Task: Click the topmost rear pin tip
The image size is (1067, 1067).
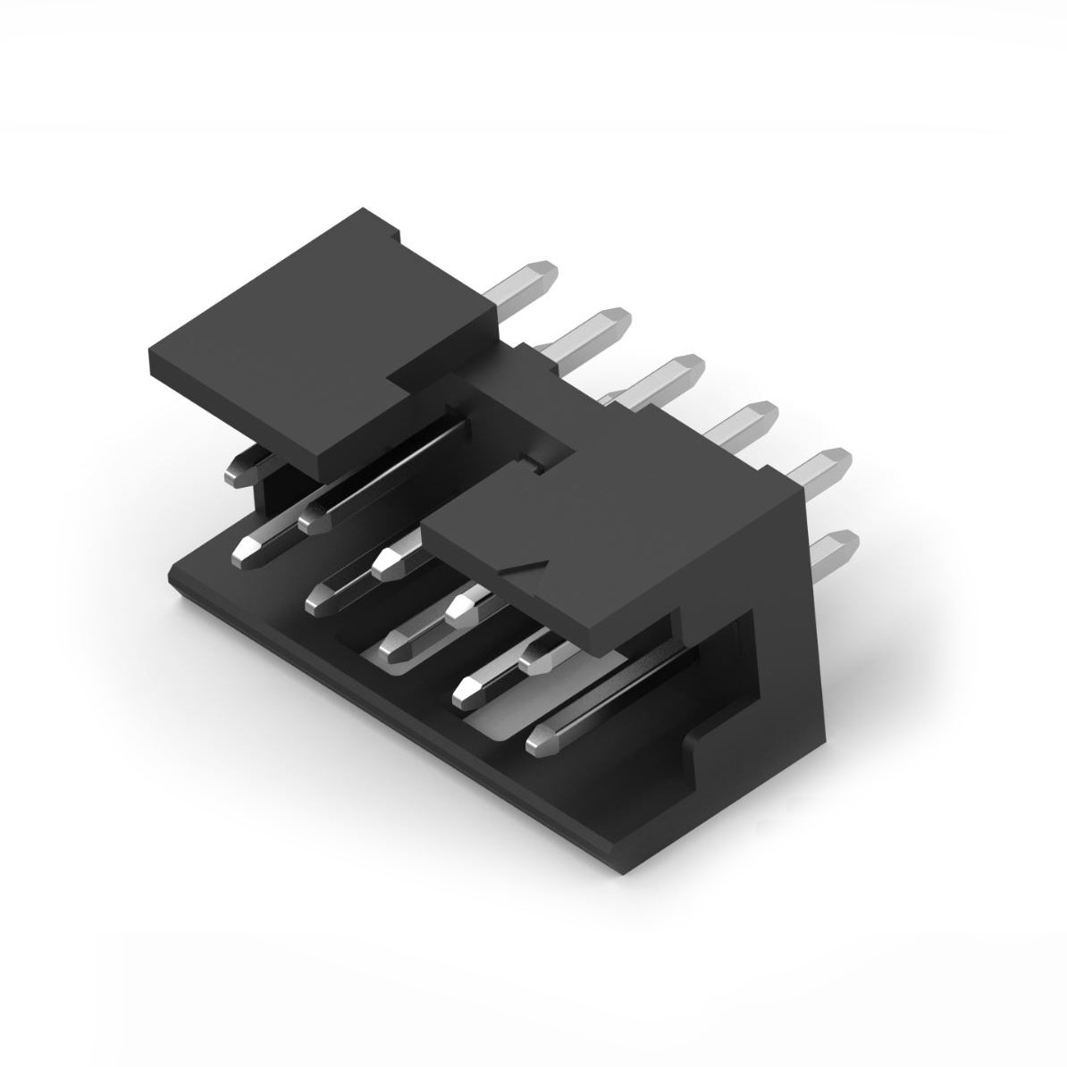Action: click(x=540, y=273)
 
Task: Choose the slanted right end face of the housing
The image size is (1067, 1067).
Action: click(x=804, y=626)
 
